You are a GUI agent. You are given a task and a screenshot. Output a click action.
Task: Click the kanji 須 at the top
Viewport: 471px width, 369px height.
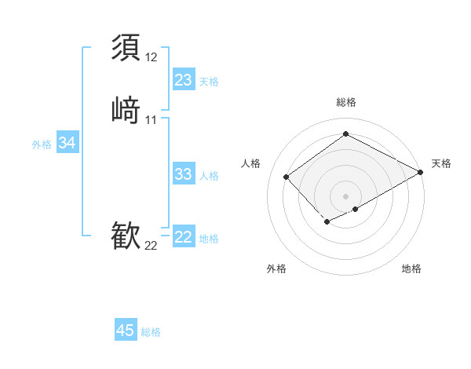point(126,47)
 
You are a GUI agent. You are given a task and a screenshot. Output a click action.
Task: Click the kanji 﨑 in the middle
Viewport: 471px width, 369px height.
point(126,109)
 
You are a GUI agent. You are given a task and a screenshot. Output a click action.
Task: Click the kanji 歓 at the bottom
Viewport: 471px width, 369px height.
point(126,236)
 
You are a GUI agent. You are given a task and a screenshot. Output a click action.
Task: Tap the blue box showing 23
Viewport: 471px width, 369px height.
point(183,80)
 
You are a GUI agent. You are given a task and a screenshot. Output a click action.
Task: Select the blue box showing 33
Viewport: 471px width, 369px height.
point(183,174)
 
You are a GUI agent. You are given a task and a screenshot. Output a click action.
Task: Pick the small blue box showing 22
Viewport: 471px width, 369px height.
point(183,237)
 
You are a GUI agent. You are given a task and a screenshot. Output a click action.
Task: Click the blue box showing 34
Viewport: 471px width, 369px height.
point(67,143)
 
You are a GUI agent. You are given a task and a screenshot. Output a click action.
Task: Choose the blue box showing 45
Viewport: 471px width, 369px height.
point(126,331)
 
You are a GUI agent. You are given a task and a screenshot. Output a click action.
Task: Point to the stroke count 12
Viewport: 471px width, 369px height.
point(151,57)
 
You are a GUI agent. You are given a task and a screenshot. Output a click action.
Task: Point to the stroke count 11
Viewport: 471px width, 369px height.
point(151,120)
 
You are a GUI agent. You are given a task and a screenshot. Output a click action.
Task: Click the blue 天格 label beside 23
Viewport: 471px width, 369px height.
point(209,82)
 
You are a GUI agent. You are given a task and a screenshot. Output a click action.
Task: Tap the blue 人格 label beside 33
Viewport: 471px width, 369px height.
point(209,176)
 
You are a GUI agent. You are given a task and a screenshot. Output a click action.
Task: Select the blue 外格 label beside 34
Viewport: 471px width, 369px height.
point(42,144)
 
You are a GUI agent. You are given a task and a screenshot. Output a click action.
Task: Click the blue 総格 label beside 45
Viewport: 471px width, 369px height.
point(151,332)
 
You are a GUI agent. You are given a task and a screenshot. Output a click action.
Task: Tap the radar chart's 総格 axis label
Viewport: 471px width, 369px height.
point(345,102)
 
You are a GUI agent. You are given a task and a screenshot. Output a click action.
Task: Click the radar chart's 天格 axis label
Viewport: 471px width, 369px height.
point(441,163)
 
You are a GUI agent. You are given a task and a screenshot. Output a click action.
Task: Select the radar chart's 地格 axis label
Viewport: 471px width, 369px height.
point(411,269)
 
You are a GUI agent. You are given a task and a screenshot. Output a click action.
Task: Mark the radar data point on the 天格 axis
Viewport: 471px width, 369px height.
point(421,173)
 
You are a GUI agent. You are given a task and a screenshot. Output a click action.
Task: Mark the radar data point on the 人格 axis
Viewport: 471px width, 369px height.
point(287,177)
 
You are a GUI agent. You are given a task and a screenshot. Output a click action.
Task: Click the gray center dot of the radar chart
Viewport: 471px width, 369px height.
point(345,196)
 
